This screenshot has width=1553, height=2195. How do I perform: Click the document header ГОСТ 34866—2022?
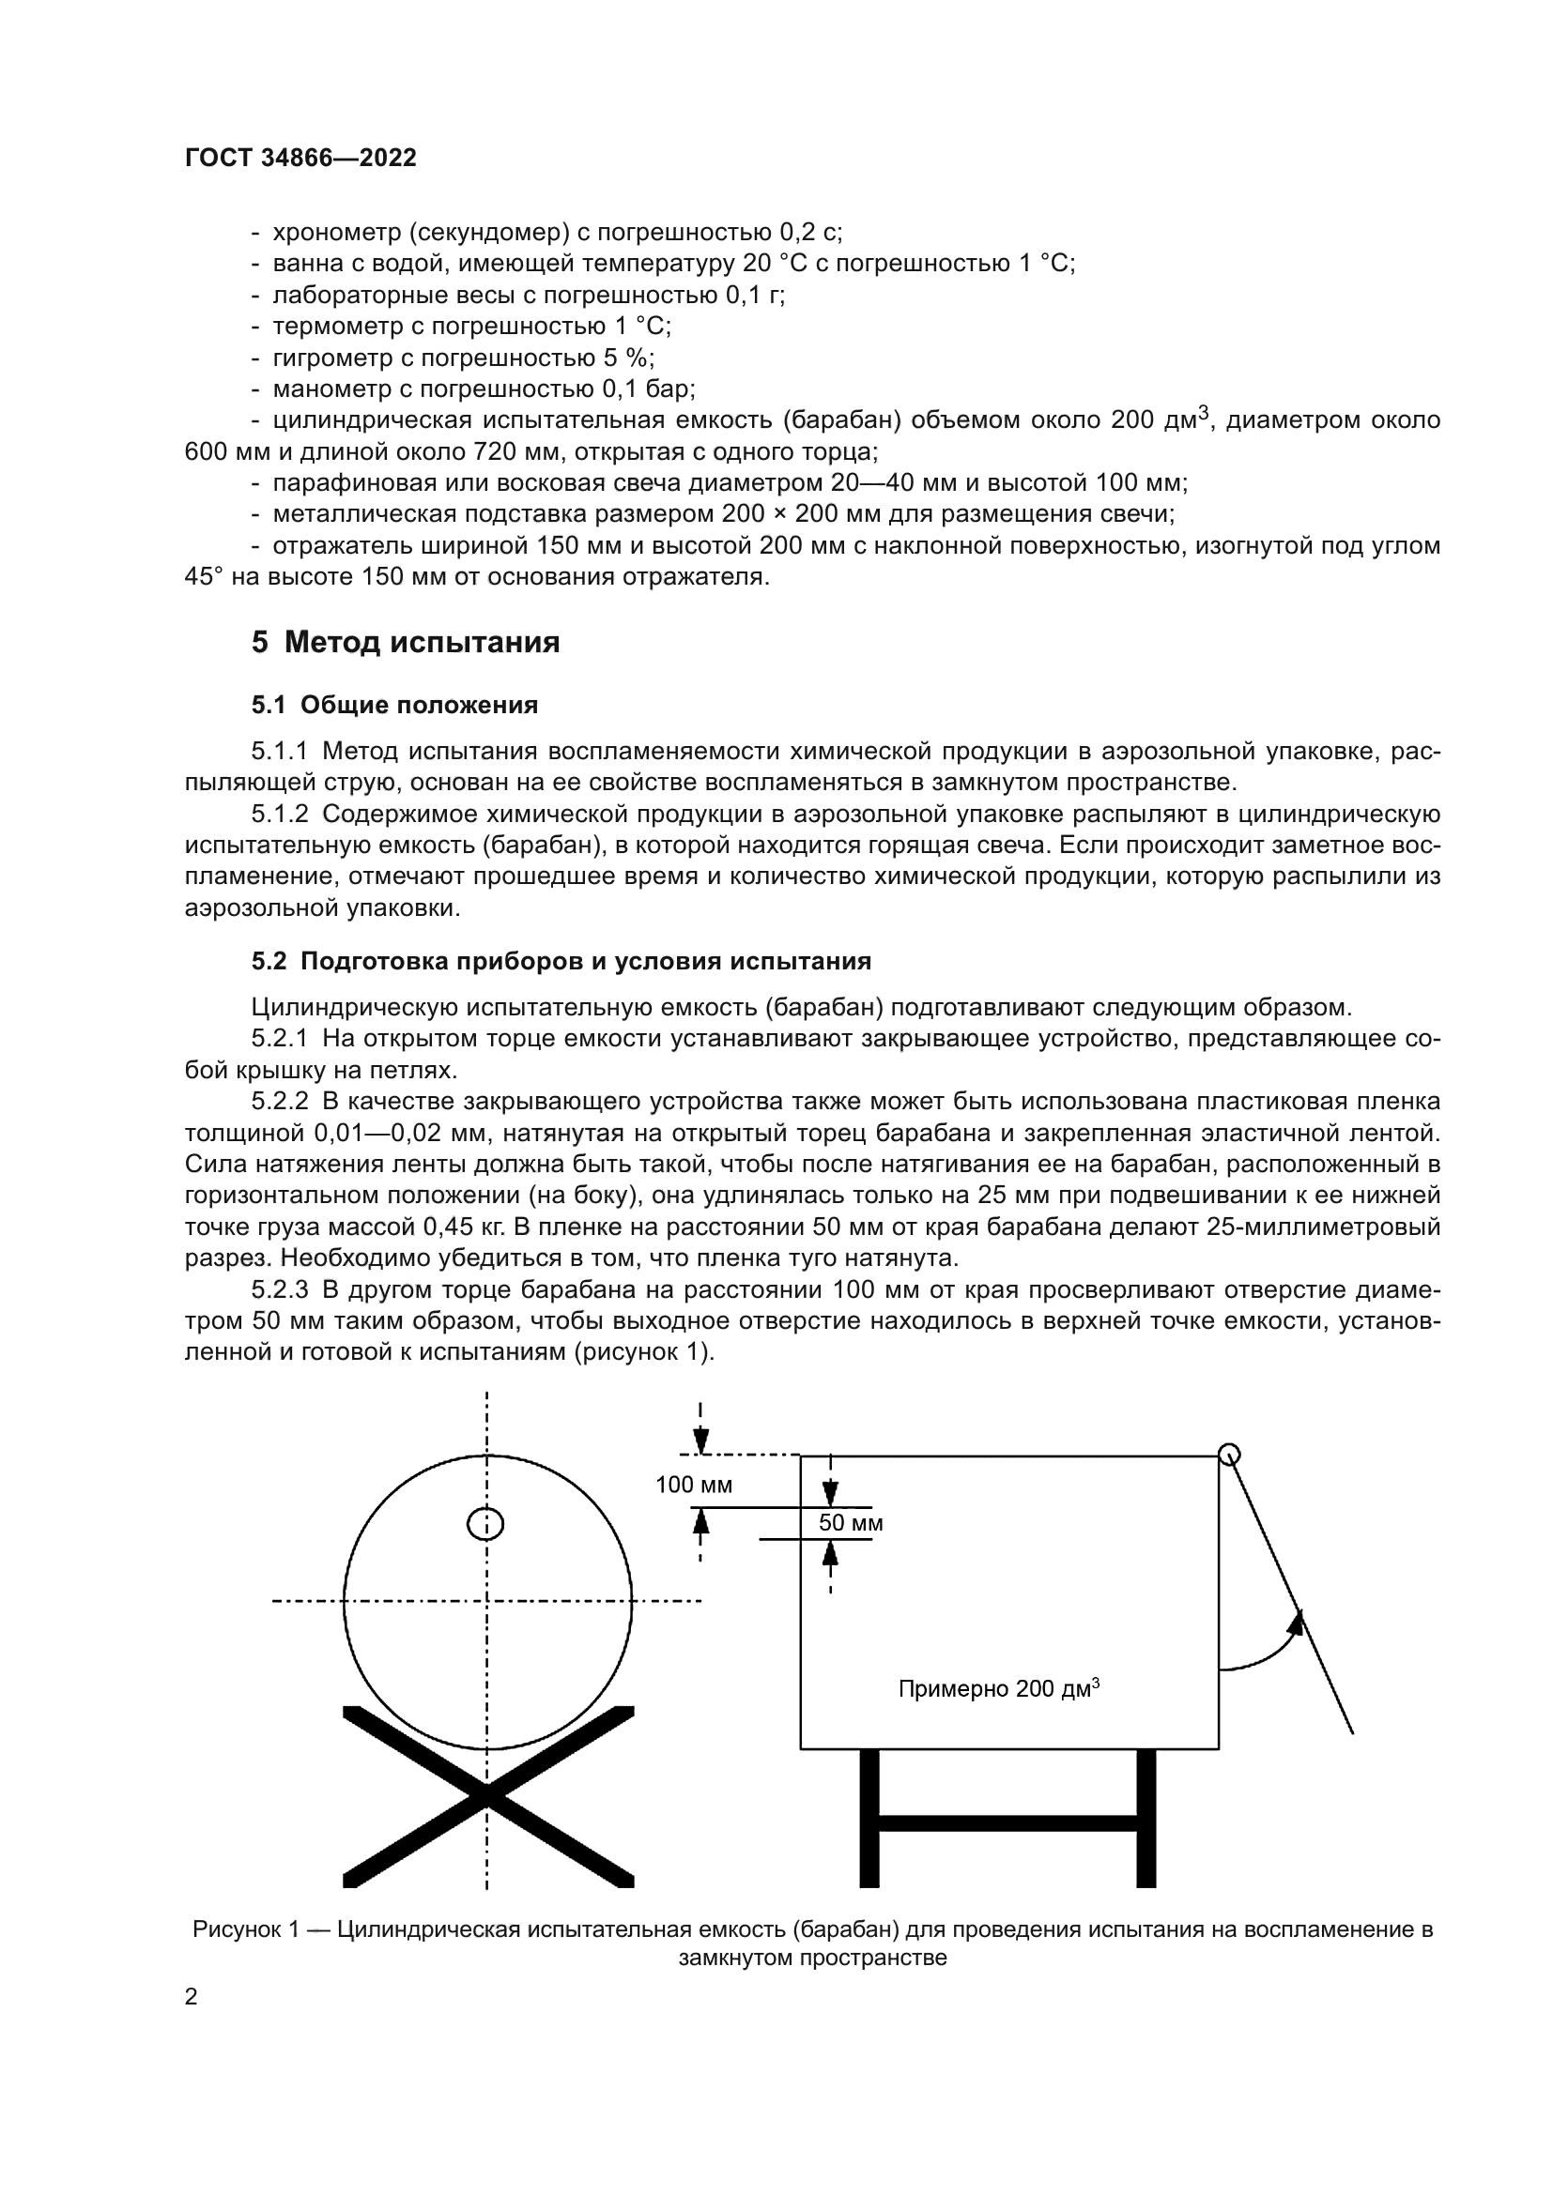300,159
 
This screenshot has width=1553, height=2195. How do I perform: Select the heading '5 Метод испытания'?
406,642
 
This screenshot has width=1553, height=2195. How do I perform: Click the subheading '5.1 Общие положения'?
394,705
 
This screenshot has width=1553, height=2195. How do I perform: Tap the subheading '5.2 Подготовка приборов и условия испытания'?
561,961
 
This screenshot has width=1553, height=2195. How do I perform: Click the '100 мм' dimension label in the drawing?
693,1485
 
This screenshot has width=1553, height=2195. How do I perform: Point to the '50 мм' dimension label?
850,1523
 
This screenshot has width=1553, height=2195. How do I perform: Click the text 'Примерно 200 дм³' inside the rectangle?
998,1689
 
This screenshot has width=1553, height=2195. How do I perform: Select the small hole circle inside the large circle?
485,1524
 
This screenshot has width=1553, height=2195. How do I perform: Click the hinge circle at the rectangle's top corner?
1230,1456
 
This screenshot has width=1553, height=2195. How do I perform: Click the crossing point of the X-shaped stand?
486,1796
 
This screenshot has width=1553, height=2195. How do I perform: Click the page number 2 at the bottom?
191,1997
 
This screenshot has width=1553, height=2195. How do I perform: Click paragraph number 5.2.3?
279,1289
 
